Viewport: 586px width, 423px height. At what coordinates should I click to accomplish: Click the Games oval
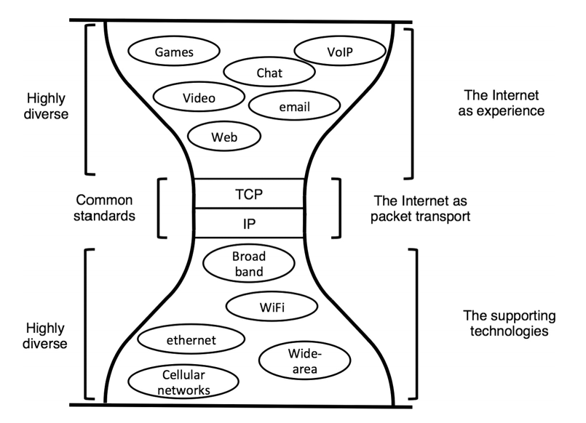coord(173,52)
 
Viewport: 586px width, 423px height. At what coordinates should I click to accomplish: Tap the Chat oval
coord(269,73)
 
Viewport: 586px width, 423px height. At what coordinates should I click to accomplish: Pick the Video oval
coord(199,97)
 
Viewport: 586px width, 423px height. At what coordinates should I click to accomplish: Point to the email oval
coord(294,107)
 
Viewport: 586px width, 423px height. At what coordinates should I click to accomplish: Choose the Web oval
coord(224,135)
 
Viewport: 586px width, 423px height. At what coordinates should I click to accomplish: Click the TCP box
coord(250,194)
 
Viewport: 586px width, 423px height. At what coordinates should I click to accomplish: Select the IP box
coord(250,223)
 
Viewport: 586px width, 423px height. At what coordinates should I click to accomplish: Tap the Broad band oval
coord(249,265)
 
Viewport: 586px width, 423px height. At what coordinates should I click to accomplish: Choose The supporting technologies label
coord(509,324)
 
